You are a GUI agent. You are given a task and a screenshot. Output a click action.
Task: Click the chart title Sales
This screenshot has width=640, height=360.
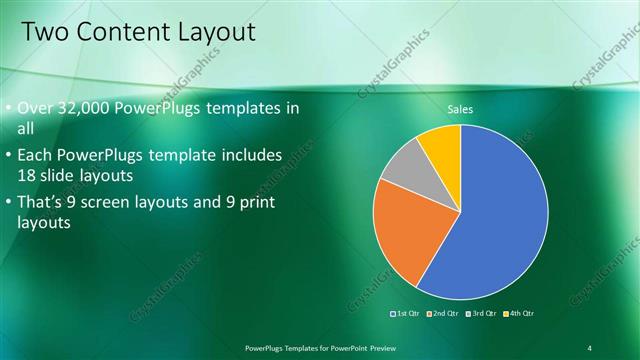[460, 109]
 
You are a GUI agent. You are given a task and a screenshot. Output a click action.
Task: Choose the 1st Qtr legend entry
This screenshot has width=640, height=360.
[406, 314]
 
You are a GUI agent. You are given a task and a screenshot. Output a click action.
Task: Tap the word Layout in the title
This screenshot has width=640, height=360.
[214, 32]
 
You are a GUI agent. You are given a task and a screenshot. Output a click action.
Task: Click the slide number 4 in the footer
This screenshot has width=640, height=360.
[590, 347]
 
